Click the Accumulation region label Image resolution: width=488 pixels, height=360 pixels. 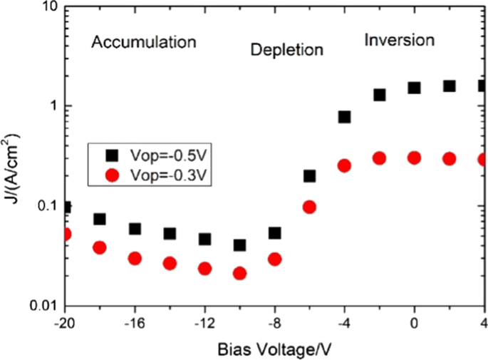143,43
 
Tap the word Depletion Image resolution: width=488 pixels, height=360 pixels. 286,50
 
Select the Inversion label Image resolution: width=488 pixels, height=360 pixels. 399,40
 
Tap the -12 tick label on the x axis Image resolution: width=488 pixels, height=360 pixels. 204,322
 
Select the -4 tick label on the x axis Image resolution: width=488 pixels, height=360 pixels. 344,322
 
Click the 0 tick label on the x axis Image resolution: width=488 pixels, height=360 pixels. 414,322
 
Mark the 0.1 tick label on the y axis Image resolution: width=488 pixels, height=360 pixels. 47,206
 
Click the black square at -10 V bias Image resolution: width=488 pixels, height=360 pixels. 240,245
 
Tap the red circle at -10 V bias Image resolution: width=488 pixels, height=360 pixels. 240,273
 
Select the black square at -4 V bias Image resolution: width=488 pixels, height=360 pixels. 344,117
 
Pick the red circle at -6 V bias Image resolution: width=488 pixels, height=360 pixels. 309,207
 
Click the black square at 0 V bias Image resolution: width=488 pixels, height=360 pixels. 414,88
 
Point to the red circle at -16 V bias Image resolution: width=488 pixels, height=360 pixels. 135,258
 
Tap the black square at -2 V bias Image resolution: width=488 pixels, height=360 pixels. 379,95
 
